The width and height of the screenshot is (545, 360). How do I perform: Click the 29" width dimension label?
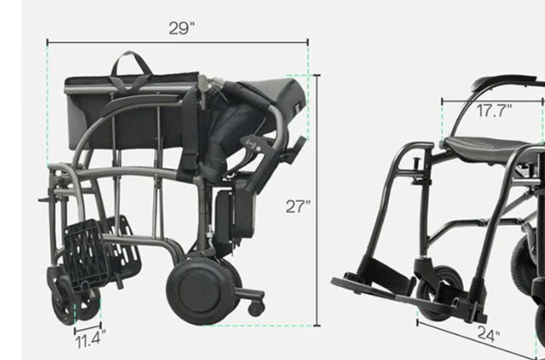click(181, 28)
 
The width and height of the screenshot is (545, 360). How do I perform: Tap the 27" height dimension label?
click(298, 207)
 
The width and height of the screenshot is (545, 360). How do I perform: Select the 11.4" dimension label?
click(90, 339)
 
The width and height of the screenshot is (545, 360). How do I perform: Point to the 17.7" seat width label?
click(494, 111)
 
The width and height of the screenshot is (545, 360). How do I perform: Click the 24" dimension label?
click(488, 334)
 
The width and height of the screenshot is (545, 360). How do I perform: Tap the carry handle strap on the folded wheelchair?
click(131, 70)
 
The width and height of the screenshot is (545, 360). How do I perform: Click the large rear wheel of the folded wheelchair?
click(202, 290)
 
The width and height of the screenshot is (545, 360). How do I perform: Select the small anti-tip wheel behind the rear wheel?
click(256, 308)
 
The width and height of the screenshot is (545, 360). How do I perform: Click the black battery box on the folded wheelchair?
click(235, 213)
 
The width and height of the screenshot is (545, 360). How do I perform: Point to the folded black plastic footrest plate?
click(87, 254)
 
